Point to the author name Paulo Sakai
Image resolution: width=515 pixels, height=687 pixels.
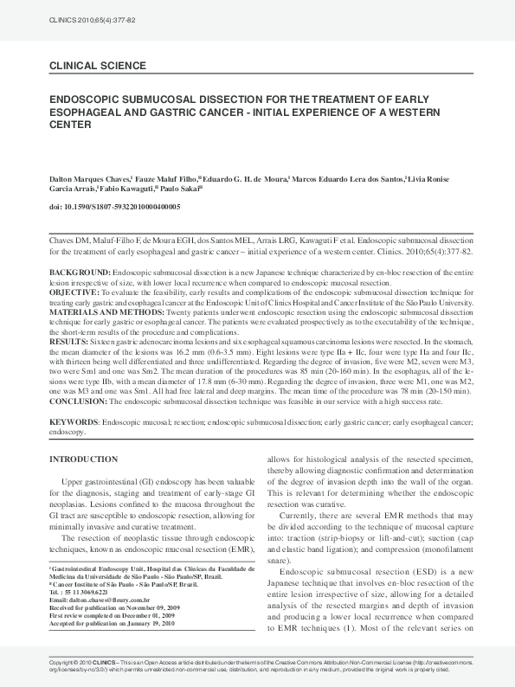tap(184, 189)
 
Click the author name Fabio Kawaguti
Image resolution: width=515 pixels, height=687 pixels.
tap(131, 189)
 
